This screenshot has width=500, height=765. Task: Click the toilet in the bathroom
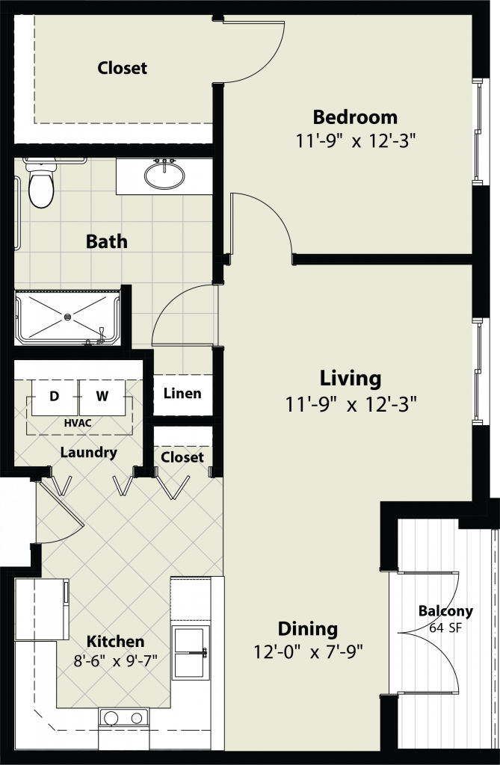[40, 184]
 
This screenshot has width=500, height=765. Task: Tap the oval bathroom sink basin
[164, 174]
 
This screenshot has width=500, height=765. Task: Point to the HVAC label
[78, 423]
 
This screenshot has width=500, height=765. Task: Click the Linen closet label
[182, 393]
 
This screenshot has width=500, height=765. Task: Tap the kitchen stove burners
[123, 717]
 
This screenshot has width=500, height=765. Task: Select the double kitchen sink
[190, 652]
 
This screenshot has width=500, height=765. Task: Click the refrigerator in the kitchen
[42, 609]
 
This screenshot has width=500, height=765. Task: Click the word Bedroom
[355, 117]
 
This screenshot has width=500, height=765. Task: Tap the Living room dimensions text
[351, 404]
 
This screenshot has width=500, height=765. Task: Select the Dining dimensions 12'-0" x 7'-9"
[308, 651]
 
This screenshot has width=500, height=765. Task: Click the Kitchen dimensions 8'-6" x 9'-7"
[116, 661]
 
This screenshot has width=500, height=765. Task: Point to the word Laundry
[88, 452]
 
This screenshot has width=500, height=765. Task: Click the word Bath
[106, 241]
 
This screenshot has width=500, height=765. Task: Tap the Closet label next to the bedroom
[122, 68]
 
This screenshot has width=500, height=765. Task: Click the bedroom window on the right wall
[478, 131]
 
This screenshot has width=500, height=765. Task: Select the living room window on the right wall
[478, 371]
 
